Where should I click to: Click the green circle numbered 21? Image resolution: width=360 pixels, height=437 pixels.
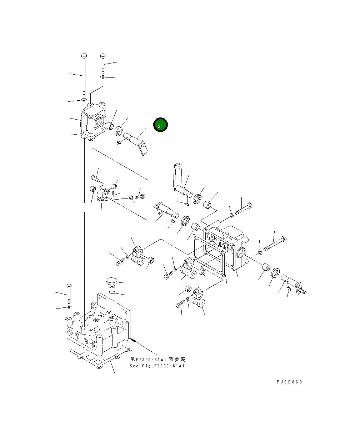click(x=160, y=125)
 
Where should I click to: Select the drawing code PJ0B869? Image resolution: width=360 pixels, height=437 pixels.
click(x=289, y=382)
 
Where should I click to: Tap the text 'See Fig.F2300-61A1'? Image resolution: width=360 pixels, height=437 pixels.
click(x=157, y=366)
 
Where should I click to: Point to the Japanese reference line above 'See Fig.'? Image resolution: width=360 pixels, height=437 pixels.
click(x=157, y=360)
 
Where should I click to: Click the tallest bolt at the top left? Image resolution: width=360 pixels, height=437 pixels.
click(x=84, y=75)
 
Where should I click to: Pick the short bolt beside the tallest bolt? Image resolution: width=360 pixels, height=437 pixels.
click(x=103, y=63)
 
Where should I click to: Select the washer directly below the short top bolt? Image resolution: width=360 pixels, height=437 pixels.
click(x=103, y=77)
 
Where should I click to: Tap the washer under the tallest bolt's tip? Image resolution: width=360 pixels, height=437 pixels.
click(x=84, y=100)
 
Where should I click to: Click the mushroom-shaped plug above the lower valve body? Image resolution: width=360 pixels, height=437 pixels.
click(x=111, y=281)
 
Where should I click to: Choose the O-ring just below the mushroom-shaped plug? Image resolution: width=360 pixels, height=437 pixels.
click(x=112, y=293)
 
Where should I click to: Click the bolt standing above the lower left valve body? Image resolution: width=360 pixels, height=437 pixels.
click(x=69, y=292)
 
